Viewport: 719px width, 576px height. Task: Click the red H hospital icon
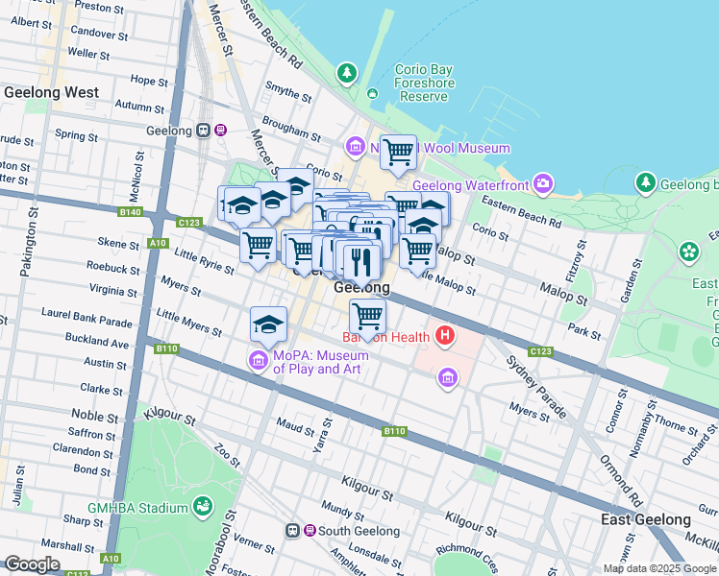click(444, 336)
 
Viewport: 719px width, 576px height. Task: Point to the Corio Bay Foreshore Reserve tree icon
click(347, 72)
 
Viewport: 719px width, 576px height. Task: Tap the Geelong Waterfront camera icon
click(544, 183)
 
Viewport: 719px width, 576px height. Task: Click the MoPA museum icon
click(258, 362)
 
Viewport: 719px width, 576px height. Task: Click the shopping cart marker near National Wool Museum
click(397, 152)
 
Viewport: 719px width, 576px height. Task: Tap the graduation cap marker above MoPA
click(268, 324)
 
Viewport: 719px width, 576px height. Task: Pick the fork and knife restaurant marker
click(361, 260)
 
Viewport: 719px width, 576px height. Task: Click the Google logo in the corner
click(31, 564)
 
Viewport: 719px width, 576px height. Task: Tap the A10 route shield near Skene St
click(157, 243)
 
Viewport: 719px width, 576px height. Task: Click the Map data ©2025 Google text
click(659, 568)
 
